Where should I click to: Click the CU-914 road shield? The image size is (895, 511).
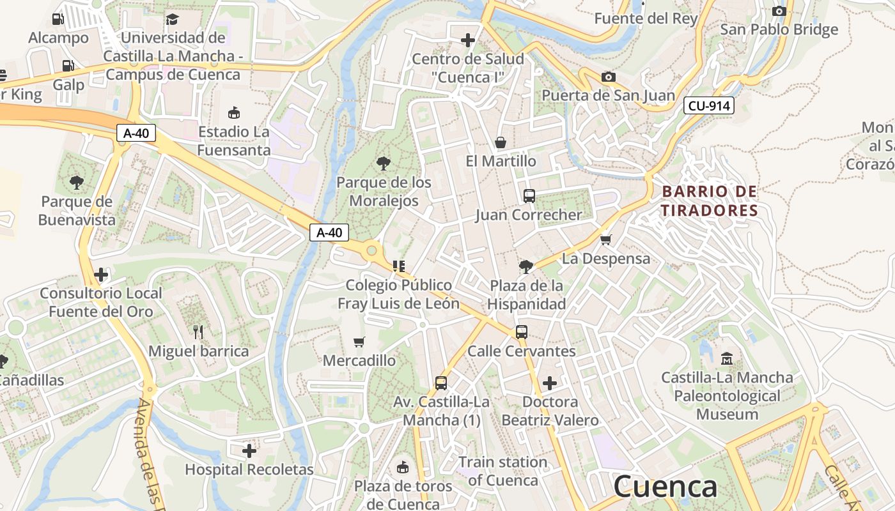[x=708, y=105]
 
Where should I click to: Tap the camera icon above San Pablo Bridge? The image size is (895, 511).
[x=779, y=11]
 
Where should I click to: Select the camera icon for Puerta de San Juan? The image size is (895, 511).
[x=609, y=77]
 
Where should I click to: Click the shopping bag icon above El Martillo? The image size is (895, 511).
[x=501, y=142]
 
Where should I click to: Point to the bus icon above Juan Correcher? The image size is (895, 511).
[x=529, y=196]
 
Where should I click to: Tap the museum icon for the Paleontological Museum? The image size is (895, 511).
[x=727, y=359]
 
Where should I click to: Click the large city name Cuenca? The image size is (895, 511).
[x=665, y=487]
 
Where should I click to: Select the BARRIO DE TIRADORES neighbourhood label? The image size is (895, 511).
[x=709, y=201]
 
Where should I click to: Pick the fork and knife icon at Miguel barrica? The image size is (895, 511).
[x=198, y=332]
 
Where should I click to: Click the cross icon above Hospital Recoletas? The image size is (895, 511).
[x=249, y=451]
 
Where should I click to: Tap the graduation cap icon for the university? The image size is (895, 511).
[x=172, y=19]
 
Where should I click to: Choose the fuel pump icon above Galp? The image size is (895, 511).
[x=68, y=66]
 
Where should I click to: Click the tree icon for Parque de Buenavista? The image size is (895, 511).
[x=77, y=183]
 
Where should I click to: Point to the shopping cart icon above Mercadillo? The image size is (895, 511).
[x=359, y=342]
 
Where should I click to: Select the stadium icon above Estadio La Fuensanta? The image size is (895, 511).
[x=234, y=113]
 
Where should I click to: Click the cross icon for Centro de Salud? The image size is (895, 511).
[x=468, y=40]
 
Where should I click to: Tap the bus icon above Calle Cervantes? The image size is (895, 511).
[x=522, y=332]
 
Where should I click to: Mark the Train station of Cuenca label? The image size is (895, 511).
[x=502, y=471]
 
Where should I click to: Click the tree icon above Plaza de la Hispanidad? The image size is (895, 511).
[x=526, y=266]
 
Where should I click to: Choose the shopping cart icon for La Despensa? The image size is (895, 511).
[x=606, y=240]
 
